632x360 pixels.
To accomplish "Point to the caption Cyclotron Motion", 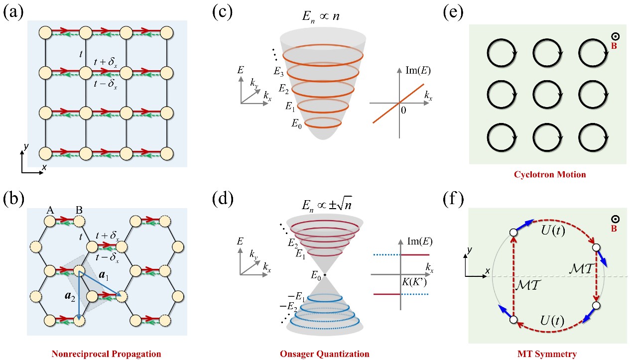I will (x=547, y=174).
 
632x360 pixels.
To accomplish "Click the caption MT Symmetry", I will (x=547, y=354).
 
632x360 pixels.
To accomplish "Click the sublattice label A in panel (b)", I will (x=50, y=210).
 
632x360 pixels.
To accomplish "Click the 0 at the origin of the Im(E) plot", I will (x=403, y=110).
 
